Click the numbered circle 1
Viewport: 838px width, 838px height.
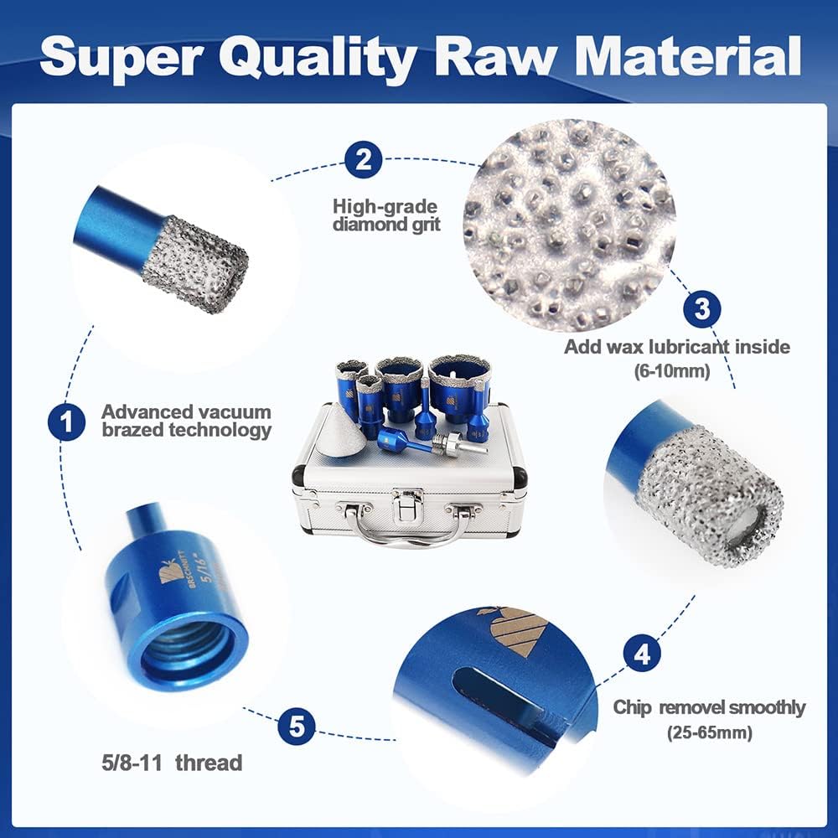tap(66, 422)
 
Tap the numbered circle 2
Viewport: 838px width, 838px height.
tap(364, 159)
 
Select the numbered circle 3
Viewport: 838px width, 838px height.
tap(701, 309)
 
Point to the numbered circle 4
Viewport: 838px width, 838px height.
tap(642, 653)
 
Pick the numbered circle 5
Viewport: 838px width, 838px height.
tap(297, 727)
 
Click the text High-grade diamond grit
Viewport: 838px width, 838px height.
tap(385, 215)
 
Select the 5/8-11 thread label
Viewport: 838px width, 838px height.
tap(172, 763)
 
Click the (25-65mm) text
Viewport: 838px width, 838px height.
tap(710, 732)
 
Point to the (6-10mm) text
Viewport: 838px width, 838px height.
tap(672, 370)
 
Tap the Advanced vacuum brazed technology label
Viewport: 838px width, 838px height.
tap(187, 421)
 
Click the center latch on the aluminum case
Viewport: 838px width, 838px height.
tap(407, 505)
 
